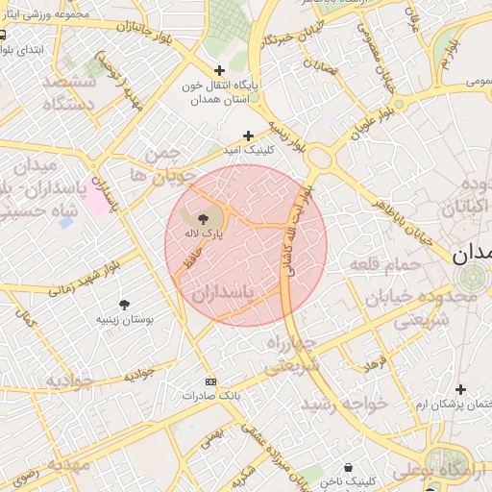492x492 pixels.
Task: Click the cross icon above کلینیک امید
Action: (x=249, y=135)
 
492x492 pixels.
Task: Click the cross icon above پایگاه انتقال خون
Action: (x=220, y=70)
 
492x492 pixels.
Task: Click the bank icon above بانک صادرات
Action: (x=211, y=381)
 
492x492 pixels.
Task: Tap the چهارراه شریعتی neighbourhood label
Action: (x=292, y=354)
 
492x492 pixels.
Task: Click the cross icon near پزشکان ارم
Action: (x=462, y=389)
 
